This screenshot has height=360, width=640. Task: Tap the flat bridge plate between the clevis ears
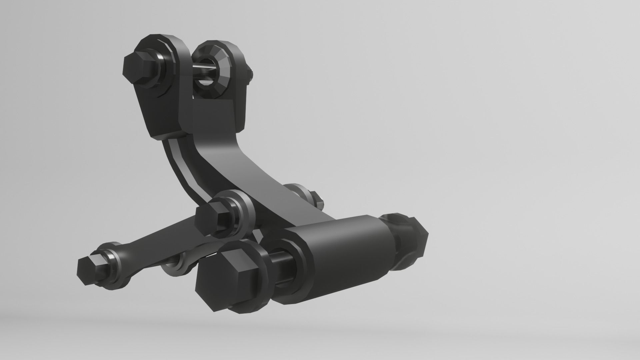click(x=213, y=113)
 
